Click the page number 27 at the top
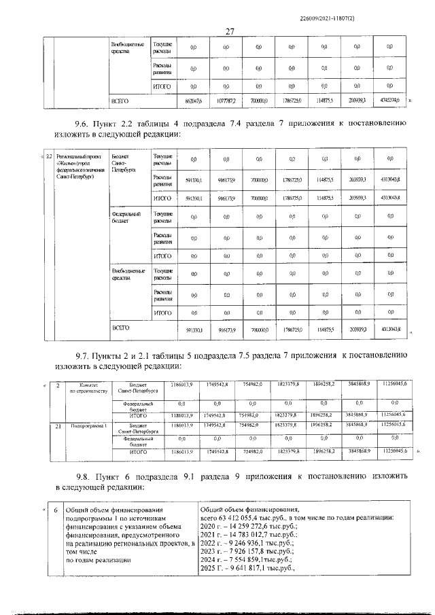pos(230,31)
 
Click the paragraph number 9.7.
pos(86,355)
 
